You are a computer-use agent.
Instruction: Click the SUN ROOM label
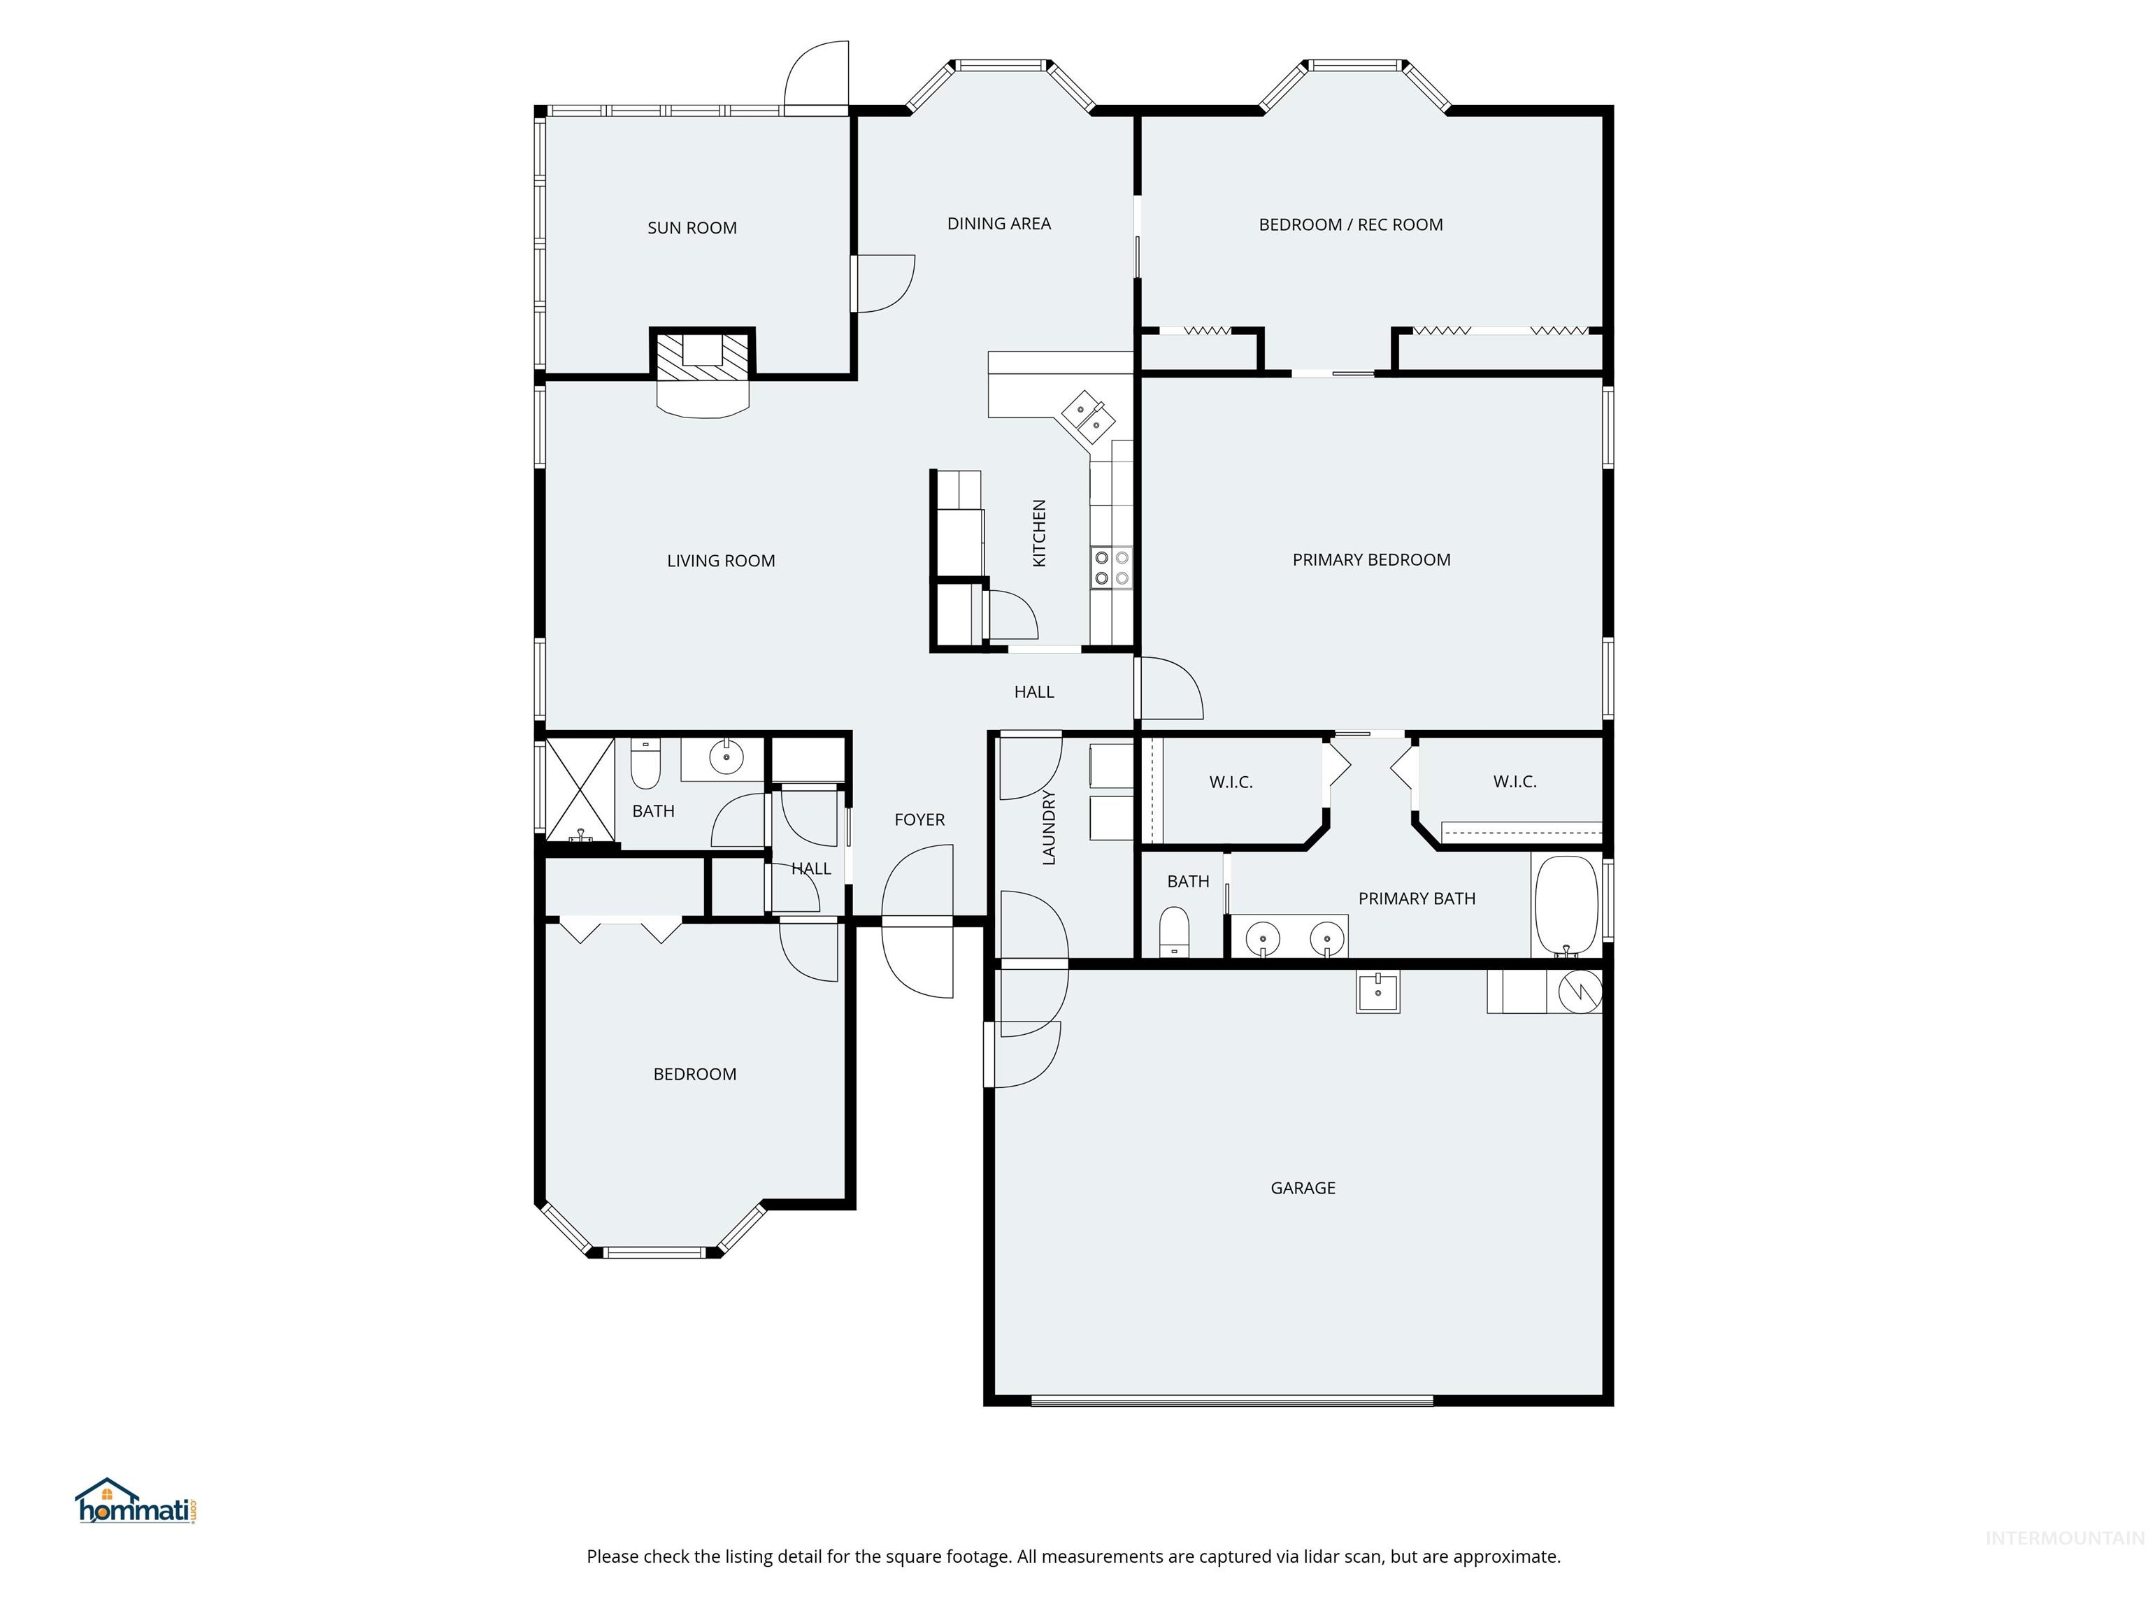coord(692,228)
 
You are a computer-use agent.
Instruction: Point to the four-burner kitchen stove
coord(1111,568)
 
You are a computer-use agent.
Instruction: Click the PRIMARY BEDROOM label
coord(1370,560)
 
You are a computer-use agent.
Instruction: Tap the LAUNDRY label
coord(1049,827)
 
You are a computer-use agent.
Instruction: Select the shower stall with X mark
coord(580,789)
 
